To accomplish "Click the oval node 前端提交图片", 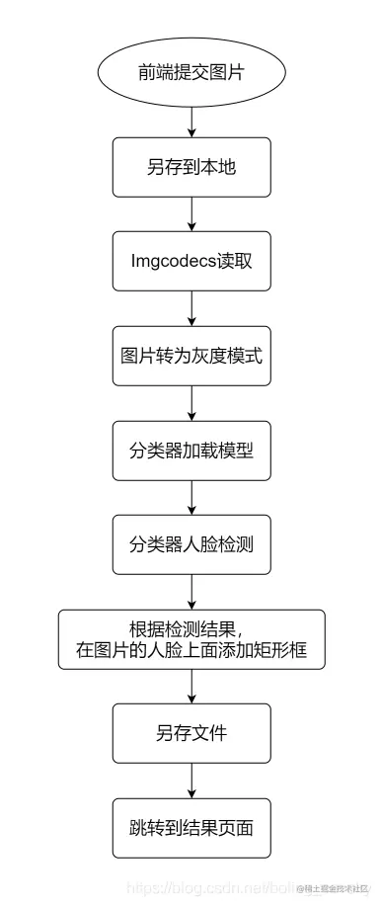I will click(190, 74).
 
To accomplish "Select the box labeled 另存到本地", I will click(190, 167).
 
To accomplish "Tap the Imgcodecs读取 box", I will click(190, 262).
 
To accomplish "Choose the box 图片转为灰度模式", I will click(190, 356).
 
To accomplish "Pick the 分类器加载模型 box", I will click(190, 451).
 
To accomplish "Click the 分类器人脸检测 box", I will click(190, 544).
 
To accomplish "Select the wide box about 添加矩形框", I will click(190, 639).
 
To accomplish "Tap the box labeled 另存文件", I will click(190, 733).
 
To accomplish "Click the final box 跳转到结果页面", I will click(190, 827).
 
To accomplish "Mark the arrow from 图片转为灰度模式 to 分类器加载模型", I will click(190, 403).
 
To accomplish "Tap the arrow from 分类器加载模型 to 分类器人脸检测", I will click(190, 497).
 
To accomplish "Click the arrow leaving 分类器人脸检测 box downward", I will click(190, 591).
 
